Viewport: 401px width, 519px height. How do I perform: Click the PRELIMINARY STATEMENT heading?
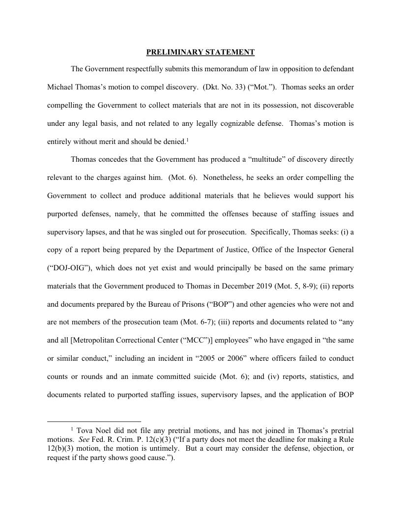(200, 52)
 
